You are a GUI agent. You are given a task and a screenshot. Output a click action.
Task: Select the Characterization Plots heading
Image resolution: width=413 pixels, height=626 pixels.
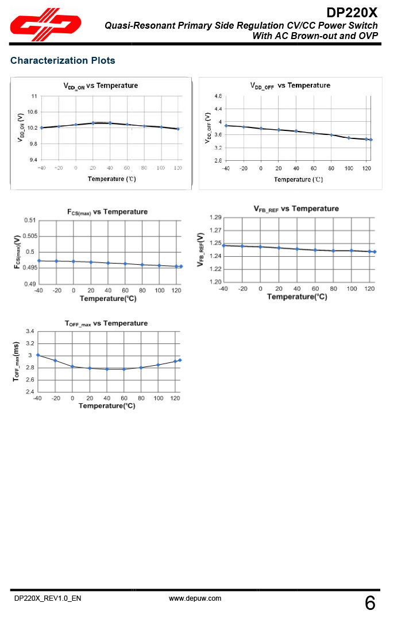63,60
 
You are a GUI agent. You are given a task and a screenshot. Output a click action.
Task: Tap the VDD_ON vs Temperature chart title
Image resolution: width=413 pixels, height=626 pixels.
101,86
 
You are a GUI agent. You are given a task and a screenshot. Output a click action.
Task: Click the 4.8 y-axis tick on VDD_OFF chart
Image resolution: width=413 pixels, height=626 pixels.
218,96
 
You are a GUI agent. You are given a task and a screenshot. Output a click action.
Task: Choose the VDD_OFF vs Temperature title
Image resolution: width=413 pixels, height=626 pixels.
290,86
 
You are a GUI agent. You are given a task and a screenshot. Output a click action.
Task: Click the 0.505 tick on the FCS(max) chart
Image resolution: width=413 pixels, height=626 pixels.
30,236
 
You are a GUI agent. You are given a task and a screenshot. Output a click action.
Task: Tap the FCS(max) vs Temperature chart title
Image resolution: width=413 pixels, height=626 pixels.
107,212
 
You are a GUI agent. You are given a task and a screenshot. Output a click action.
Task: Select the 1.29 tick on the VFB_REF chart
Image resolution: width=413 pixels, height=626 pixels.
215,217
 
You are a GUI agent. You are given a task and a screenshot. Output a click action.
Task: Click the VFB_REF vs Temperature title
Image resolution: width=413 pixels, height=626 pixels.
296,209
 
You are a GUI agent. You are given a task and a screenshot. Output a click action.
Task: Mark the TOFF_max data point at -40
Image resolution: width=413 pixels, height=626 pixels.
38,355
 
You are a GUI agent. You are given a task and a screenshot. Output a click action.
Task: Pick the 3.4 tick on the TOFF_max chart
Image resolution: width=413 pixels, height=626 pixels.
30,331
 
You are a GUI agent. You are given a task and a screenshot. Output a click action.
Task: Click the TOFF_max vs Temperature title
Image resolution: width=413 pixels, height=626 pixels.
106,323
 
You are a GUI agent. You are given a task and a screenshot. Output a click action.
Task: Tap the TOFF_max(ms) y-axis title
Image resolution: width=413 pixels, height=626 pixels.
17,362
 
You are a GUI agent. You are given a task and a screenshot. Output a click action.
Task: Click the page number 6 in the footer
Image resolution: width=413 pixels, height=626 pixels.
370,604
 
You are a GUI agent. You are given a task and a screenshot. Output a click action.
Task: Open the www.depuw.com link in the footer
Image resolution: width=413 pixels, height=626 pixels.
195,598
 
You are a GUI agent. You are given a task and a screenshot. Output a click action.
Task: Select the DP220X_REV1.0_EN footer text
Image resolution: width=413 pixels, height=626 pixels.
48,598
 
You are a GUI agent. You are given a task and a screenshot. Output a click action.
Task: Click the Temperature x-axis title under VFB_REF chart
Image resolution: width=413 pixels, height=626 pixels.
297,297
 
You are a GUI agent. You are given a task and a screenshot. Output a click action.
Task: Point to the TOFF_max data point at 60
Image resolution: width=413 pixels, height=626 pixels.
123,369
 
